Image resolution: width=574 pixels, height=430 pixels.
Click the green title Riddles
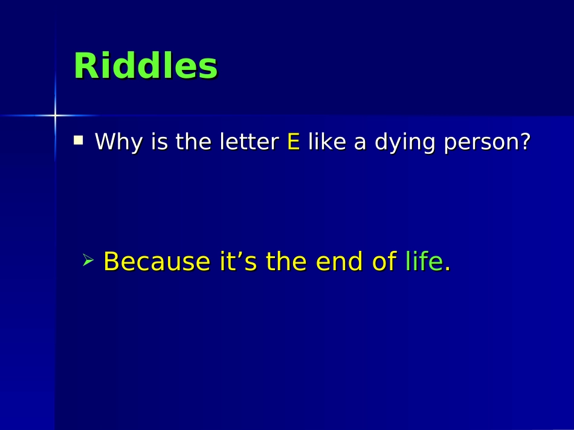(x=145, y=66)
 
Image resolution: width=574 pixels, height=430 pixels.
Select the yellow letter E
(x=294, y=142)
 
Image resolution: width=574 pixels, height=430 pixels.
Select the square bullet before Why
(x=79, y=141)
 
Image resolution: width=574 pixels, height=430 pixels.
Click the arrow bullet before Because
(x=88, y=261)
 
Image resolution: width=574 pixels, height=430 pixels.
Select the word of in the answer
(x=384, y=262)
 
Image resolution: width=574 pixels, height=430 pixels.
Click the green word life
(x=424, y=262)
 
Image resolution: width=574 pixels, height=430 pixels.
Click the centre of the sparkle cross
(x=55, y=115)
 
